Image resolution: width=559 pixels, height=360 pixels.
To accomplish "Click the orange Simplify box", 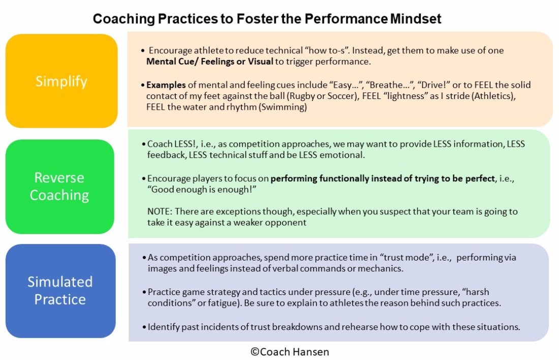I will [61, 81].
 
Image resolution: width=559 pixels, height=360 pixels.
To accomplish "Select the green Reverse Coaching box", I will [59, 186].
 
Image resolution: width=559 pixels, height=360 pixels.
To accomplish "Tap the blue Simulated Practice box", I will [60, 290].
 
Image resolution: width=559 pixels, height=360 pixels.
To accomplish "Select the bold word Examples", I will [166, 85].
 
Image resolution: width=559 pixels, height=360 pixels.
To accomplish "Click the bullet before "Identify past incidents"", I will [145, 327].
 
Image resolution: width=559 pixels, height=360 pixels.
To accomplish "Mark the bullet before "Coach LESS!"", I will [145, 144].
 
